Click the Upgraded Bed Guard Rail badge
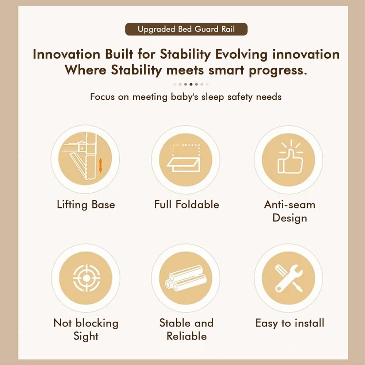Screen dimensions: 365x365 pyautogui.click(x=186, y=29)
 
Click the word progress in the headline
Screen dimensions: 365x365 pyautogui.click(x=278, y=70)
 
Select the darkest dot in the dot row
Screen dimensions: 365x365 pyautogui.click(x=191, y=84)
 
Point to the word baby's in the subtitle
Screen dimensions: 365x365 pyautogui.click(x=184, y=97)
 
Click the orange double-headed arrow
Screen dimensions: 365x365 pyautogui.click(x=100, y=165)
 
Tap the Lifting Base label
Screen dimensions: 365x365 pyautogui.click(x=86, y=205)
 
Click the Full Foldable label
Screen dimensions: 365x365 pyautogui.click(x=187, y=204)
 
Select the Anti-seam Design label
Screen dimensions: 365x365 pyautogui.click(x=289, y=211)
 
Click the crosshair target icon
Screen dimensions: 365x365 pyautogui.click(x=87, y=278)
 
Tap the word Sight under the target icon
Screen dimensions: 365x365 pyautogui.click(x=86, y=337)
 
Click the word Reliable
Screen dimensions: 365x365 pyautogui.click(x=187, y=337)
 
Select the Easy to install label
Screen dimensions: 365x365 pyautogui.click(x=289, y=323)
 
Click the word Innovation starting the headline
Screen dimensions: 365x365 pyautogui.click(x=66, y=54)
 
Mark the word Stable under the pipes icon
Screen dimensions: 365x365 pyautogui.click(x=174, y=323)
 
